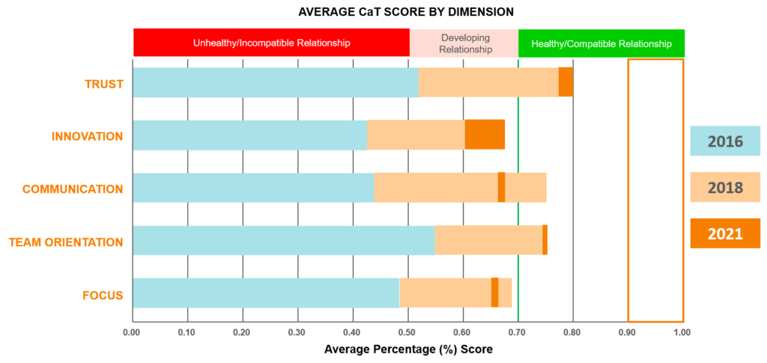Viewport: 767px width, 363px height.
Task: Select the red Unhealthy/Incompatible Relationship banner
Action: click(271, 43)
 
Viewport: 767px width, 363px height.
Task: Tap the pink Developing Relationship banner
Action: click(464, 43)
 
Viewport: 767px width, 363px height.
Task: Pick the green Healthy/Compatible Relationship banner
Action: click(601, 43)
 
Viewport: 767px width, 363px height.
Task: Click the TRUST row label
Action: click(104, 83)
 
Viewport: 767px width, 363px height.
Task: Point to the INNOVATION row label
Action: click(87, 136)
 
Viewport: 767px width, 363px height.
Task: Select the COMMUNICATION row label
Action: click(73, 189)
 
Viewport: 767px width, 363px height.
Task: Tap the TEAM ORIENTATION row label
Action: click(66, 242)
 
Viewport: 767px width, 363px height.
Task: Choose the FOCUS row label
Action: click(103, 294)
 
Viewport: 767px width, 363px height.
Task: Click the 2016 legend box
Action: click(725, 141)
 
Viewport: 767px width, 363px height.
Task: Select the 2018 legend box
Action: click(725, 187)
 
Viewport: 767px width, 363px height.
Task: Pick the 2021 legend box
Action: click(725, 233)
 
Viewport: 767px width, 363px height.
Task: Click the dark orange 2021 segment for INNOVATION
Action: click(485, 135)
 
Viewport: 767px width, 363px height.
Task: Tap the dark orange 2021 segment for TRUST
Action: click(566, 82)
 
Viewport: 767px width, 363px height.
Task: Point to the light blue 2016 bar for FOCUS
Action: click(266, 293)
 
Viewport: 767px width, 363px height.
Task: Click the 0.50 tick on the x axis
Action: click(407, 332)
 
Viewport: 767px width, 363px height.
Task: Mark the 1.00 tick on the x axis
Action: click(682, 332)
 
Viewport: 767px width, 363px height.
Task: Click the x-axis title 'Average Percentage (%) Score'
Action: click(408, 350)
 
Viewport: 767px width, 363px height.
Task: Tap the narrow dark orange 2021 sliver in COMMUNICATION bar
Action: click(502, 187)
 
